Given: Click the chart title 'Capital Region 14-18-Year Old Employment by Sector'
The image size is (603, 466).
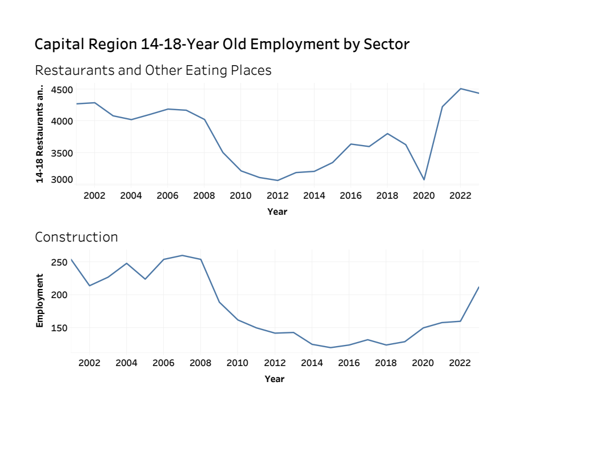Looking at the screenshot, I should pos(222,44).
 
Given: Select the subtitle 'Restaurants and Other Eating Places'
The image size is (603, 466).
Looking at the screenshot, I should pos(153,70).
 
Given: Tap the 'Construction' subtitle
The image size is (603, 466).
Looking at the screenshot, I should pos(77,237).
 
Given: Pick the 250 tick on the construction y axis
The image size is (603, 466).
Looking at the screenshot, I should pos(60,262).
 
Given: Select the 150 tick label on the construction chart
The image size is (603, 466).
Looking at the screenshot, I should pos(60,328).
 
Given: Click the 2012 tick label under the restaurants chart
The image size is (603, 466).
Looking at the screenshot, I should pos(278,195).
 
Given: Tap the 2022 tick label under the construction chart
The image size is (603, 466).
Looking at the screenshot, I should pos(460,363).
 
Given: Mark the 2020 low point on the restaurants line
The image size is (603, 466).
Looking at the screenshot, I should pos(424,180).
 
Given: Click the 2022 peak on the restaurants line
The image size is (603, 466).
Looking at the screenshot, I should pos(461,89).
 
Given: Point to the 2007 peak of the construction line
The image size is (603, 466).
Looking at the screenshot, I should pos(182,255).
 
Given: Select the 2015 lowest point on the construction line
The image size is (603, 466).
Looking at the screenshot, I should pos(331,348).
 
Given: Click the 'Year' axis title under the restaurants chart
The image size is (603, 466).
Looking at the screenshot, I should pos(278,212).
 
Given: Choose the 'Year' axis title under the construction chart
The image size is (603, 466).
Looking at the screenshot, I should pos(275,379).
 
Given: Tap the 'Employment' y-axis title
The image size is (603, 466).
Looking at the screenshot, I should pos(39,300).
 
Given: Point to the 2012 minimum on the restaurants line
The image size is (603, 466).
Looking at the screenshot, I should pos(278,180).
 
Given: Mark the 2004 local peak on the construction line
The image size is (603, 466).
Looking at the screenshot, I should pos(127,263).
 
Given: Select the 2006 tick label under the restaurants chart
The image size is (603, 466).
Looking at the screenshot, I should pos(167,195).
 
